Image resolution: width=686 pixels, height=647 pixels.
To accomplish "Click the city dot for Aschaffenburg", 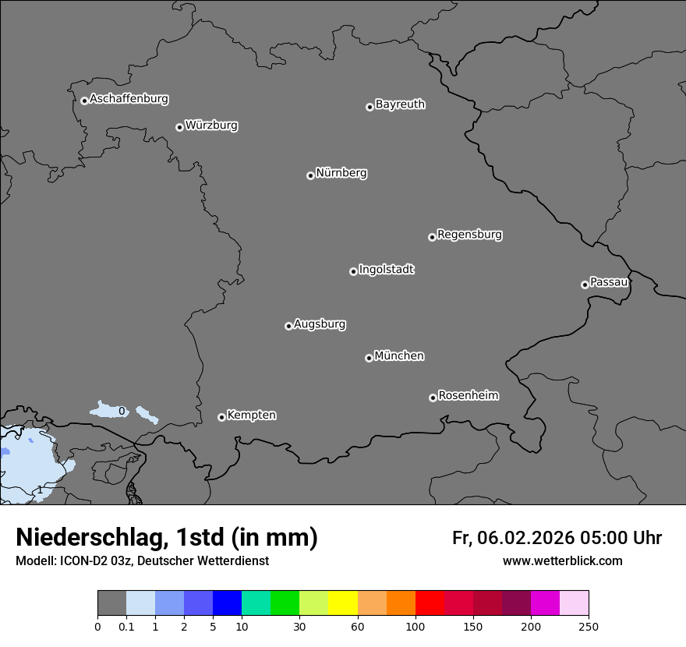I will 84,101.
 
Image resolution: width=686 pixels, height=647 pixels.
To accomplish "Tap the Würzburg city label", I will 211,126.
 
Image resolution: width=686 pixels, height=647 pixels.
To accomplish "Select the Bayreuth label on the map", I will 400,104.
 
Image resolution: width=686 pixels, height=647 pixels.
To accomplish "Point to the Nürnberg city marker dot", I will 310,175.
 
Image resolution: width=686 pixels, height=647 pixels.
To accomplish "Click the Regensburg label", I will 469,235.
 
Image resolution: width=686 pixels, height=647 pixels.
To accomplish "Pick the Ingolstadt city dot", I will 353,271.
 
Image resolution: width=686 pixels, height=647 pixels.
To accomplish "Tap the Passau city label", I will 609,282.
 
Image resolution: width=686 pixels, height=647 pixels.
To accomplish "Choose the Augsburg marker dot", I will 288,326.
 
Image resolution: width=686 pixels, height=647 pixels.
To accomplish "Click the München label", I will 399,356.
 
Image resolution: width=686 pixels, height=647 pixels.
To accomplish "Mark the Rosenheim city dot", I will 433,398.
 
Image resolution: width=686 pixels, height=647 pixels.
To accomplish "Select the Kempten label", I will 251,415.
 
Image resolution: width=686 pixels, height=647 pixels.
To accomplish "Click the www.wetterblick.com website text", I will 562,561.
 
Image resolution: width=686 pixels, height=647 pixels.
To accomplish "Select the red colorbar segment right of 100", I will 430,603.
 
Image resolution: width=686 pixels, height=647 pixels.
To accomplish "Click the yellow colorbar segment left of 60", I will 343,603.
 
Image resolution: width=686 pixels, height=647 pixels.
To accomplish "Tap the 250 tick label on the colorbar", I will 589,626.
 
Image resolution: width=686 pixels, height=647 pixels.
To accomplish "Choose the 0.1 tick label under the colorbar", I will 126,626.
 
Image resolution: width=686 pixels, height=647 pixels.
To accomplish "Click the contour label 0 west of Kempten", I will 122,411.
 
